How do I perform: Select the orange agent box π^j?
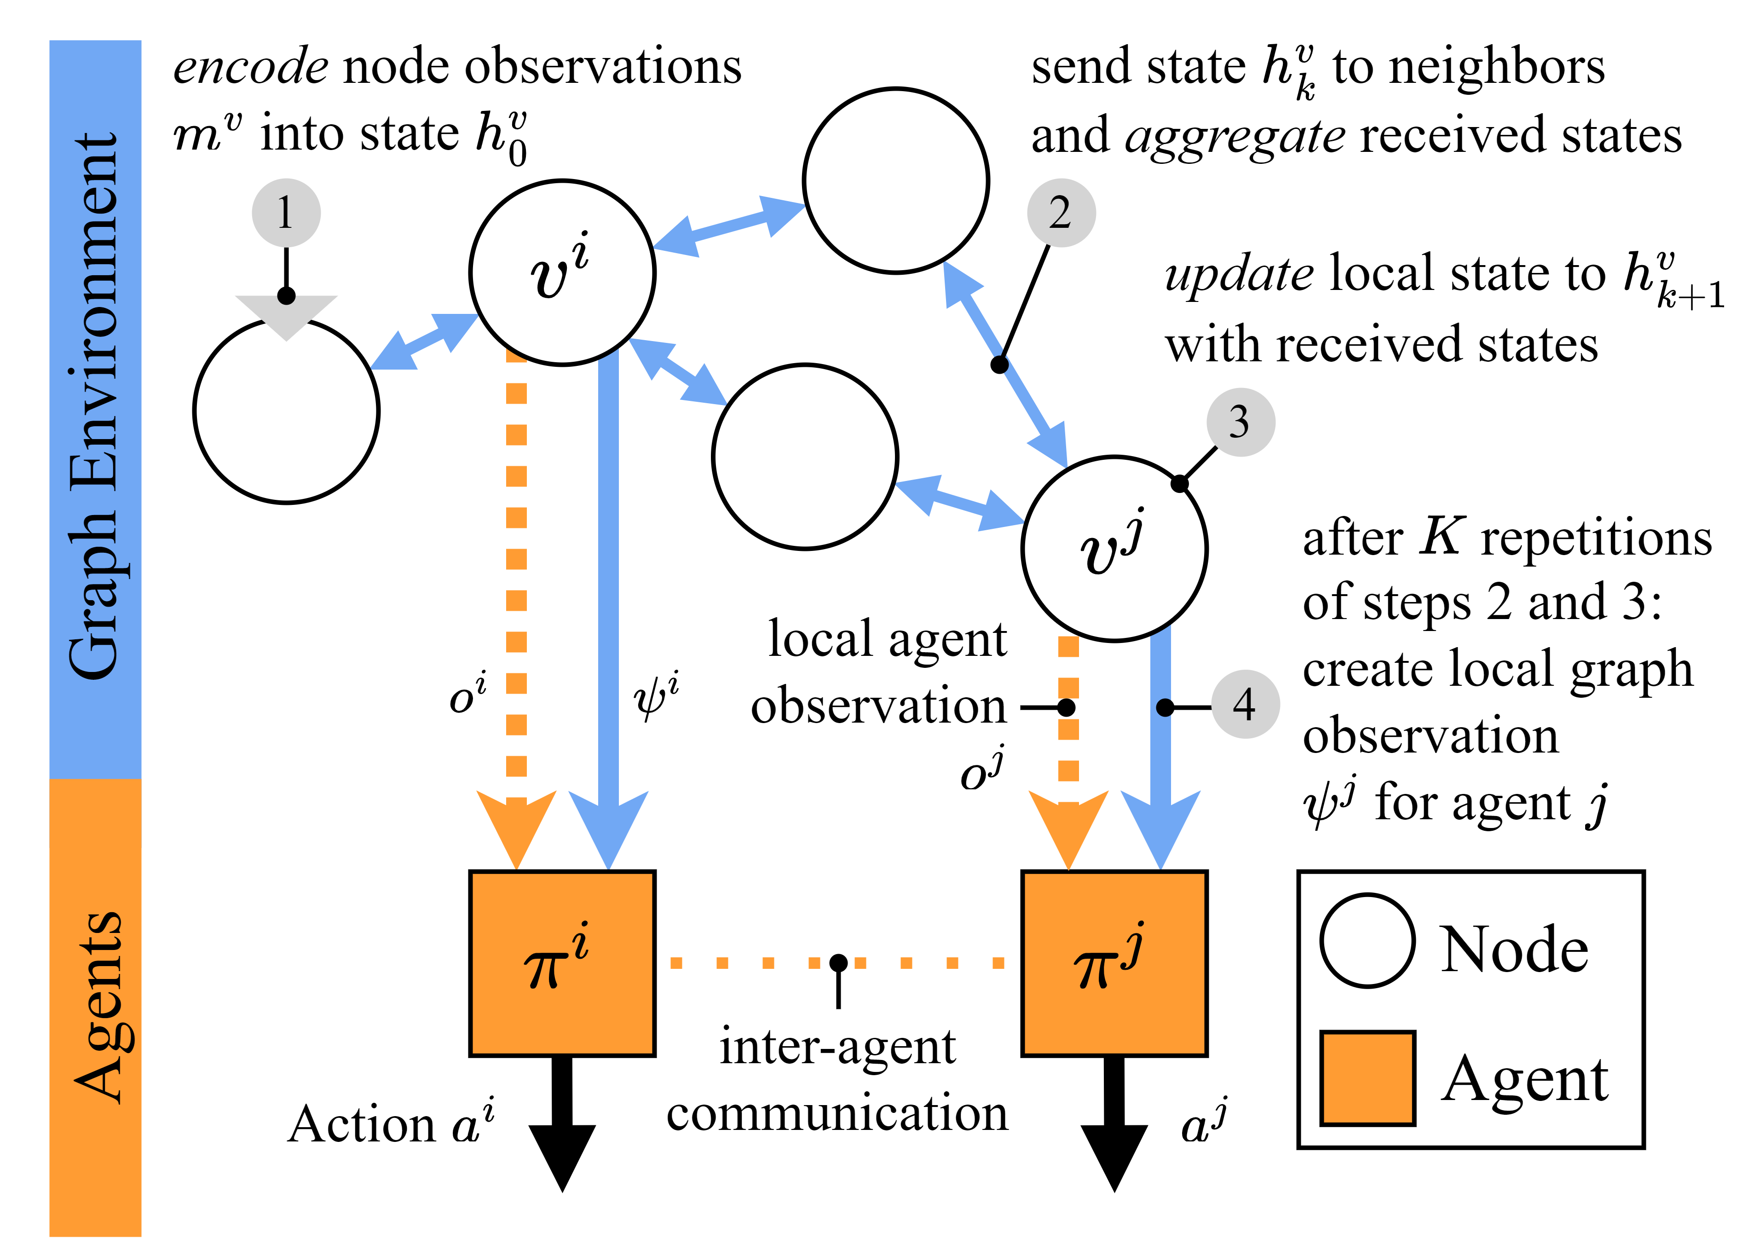(1114, 964)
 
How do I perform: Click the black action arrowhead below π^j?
(1114, 1158)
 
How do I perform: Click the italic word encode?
(251, 67)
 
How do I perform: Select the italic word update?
(1240, 274)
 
